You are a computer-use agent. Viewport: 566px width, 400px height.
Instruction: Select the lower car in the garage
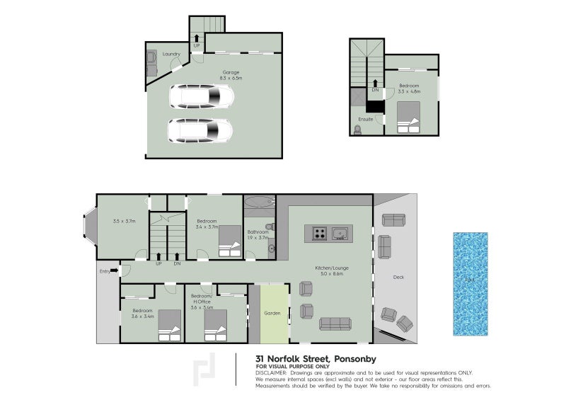point(200,130)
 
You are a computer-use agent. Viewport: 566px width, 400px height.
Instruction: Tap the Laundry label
point(171,54)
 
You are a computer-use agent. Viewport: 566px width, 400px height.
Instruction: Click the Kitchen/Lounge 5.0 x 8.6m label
point(329,270)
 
